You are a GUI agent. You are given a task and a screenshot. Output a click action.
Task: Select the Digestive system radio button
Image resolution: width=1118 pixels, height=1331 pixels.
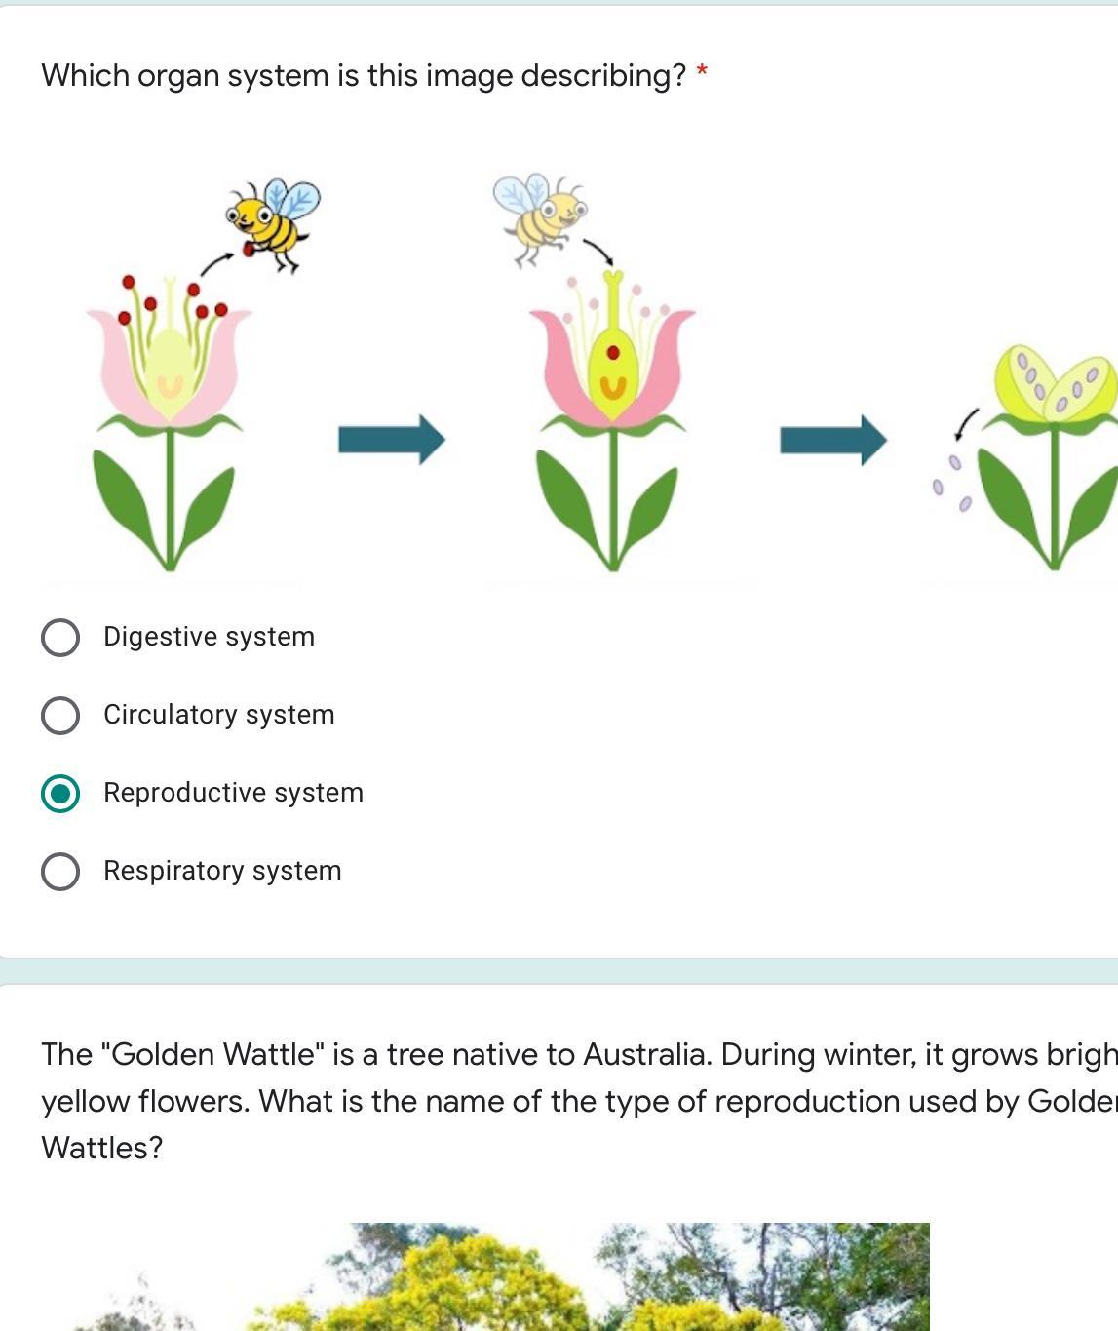60,638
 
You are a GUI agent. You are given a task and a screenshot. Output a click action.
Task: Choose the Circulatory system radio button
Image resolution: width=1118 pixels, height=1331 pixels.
60,716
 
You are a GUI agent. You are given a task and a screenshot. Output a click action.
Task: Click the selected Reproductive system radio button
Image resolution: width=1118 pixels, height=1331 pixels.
60,794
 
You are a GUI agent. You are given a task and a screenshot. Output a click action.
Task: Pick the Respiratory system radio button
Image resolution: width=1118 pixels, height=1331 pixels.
60,872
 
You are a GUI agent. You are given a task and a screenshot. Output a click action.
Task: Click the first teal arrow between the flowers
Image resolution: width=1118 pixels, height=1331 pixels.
391,440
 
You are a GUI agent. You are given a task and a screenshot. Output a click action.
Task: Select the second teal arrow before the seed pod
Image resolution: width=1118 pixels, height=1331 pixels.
832,440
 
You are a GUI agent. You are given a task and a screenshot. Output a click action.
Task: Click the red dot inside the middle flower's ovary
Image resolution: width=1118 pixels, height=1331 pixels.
613,353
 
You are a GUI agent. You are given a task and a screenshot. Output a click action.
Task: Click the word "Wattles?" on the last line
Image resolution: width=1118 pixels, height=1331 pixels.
102,1148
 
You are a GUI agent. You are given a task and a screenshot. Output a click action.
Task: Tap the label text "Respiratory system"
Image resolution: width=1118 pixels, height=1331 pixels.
222,871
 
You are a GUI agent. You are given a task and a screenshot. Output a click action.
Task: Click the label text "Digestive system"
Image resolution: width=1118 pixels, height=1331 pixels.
209,637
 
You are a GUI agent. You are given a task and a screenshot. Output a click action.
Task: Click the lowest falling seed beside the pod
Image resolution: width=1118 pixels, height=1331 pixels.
965,503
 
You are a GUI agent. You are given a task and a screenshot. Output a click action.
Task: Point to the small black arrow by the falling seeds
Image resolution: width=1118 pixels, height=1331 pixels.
966,423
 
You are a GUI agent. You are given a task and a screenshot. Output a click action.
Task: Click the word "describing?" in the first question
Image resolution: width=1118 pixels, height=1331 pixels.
603,76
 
